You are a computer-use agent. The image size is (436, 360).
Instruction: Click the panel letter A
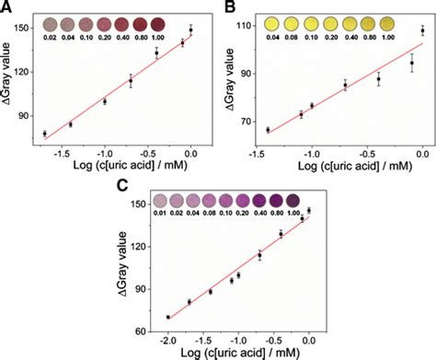[x=7, y=7]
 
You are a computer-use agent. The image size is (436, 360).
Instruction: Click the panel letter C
[x=119, y=187]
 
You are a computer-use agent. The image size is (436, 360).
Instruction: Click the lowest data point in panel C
[x=167, y=318]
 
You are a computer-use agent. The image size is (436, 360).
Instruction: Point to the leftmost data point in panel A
[x=44, y=134]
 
